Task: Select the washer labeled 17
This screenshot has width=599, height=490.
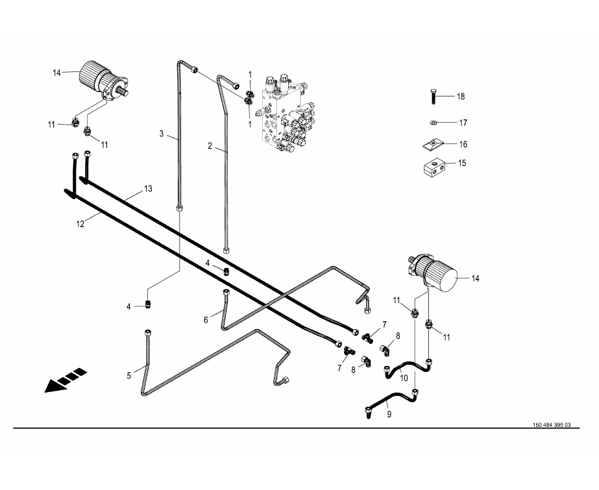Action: (x=433, y=122)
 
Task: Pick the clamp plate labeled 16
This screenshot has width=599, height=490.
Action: (x=432, y=145)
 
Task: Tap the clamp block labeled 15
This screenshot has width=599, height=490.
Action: (x=434, y=167)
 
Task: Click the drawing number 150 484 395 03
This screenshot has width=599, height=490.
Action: (x=552, y=424)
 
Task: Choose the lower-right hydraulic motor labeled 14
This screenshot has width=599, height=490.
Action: (x=433, y=273)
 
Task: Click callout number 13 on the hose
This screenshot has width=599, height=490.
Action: (x=148, y=189)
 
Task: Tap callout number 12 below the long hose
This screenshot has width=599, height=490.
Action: (x=80, y=224)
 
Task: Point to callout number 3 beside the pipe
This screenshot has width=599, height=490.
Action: (x=162, y=134)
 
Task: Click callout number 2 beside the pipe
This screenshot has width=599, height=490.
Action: (x=210, y=146)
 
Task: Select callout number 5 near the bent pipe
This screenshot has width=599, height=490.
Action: (x=128, y=375)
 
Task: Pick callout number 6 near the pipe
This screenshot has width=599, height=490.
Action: (x=206, y=320)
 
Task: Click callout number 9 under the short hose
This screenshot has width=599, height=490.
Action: (x=389, y=414)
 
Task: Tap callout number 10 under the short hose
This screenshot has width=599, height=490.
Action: (x=404, y=378)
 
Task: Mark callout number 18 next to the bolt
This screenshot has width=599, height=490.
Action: (x=461, y=96)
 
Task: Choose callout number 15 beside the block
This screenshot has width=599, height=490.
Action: (x=462, y=163)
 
